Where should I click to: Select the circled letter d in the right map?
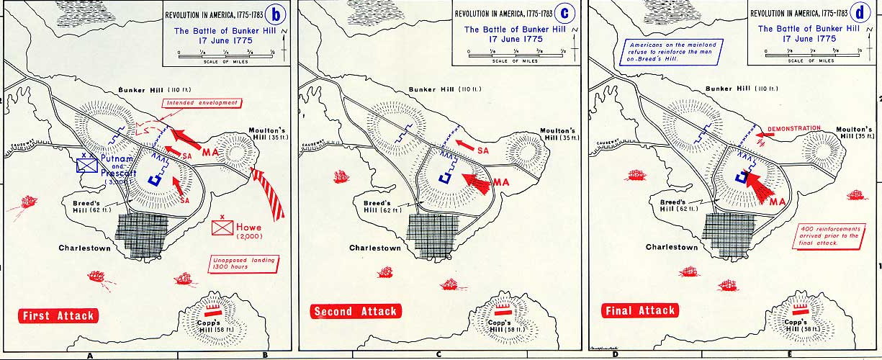(860, 14)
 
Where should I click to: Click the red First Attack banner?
(58, 315)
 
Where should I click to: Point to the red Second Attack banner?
(354, 312)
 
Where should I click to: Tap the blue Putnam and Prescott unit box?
(87, 165)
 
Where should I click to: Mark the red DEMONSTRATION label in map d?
(794, 129)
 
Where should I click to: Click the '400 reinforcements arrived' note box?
(828, 237)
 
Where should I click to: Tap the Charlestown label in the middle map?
(375, 248)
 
